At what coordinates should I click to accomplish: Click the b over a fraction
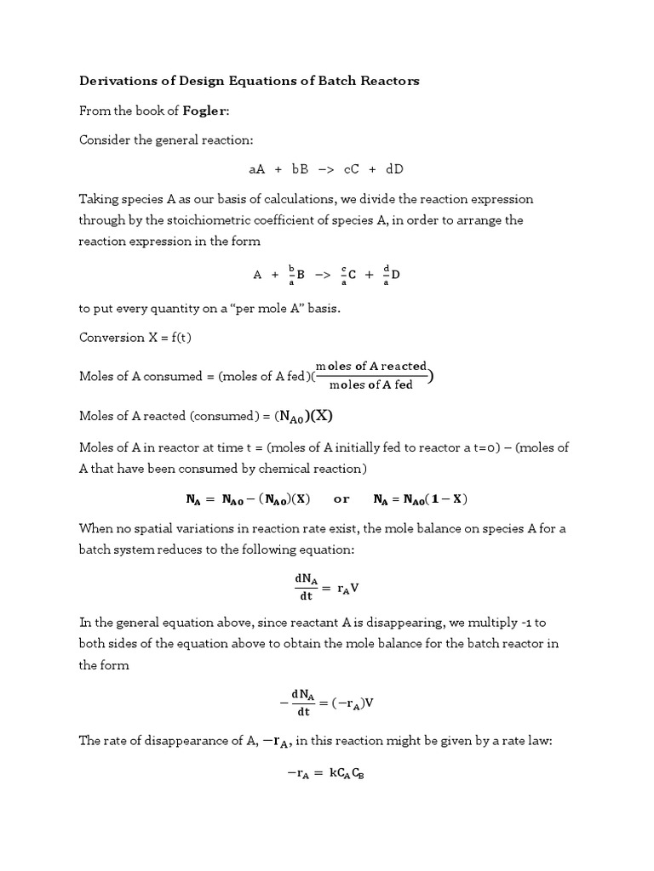[x=291, y=274]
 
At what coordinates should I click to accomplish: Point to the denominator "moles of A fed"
[x=370, y=384]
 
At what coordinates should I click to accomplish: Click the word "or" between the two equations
[x=341, y=498]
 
